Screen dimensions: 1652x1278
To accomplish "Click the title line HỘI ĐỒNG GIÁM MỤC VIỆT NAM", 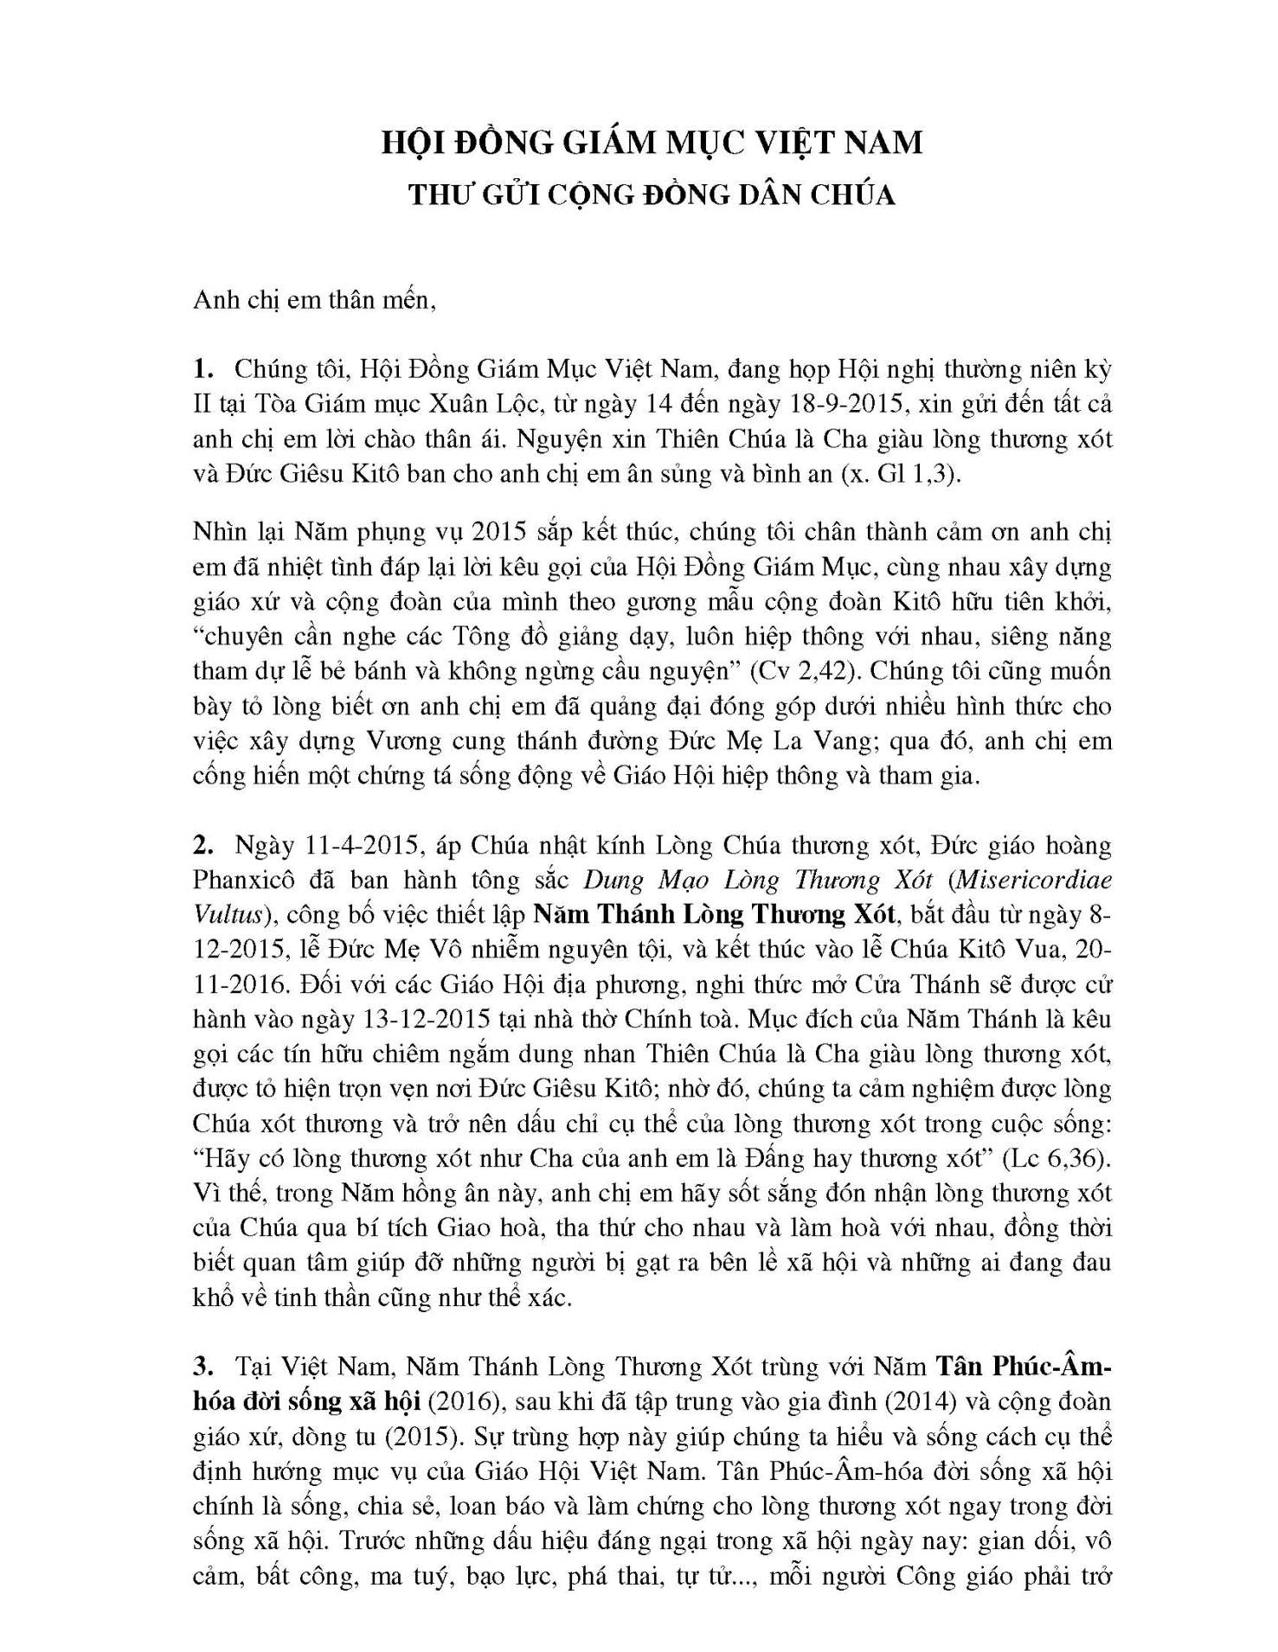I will tap(652, 142).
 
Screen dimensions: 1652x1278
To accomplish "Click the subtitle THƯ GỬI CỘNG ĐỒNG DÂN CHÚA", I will tap(652, 195).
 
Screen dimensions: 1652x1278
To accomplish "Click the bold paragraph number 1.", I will tap(202, 369).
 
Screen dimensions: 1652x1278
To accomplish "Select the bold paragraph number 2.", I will tap(202, 845).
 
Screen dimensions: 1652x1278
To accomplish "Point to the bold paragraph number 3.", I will tap(202, 1367).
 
